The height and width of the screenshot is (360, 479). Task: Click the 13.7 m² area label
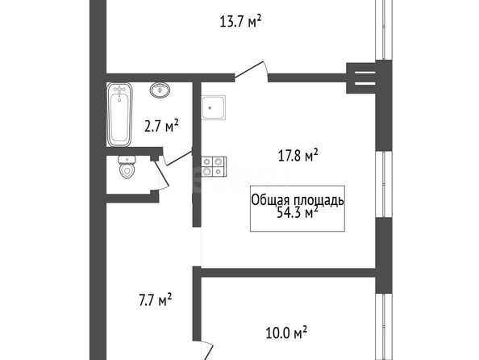point(240,22)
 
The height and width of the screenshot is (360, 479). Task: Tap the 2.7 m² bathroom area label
point(161,126)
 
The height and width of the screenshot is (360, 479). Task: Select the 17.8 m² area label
point(298,155)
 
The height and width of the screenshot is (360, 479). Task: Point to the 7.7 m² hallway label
point(155,299)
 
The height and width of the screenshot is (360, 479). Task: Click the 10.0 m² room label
point(286,333)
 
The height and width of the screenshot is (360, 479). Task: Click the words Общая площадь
point(298,200)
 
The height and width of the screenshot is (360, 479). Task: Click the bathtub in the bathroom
point(119,115)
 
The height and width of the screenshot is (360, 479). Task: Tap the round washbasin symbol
point(160,90)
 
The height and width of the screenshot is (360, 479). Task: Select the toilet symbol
point(127,167)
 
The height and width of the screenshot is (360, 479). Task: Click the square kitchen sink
point(213,107)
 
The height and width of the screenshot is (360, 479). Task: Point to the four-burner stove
point(214,167)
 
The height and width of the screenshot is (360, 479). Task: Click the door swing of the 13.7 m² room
point(252,71)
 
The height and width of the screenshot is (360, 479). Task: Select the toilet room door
point(161,175)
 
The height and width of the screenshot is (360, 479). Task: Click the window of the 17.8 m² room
point(383,184)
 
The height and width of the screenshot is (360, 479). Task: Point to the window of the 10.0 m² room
point(383,327)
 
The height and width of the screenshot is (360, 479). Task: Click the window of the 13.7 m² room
point(383,30)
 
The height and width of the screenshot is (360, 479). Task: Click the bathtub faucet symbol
point(119,90)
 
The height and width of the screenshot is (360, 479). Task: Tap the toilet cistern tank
point(127,159)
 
